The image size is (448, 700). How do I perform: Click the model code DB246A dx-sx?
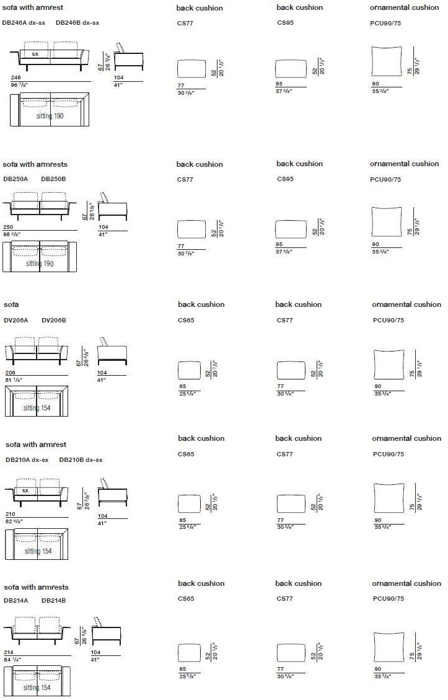coord(24,22)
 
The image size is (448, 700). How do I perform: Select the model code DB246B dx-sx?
coord(77,22)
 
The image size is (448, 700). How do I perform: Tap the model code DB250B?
coord(53,179)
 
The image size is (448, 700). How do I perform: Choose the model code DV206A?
coord(16,320)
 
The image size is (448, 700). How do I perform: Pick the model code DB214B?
coord(53,600)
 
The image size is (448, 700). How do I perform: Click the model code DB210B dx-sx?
coord(81,459)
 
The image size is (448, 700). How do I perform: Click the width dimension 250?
coord(8,228)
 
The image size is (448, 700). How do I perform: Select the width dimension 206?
coord(10,373)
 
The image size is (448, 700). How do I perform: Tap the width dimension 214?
coord(9,652)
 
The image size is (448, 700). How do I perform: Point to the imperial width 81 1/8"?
coord(14,379)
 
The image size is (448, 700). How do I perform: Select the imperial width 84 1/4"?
coord(12,660)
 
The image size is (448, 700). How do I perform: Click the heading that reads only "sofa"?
coord(11,304)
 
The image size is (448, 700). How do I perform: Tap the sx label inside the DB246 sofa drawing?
coord(35,54)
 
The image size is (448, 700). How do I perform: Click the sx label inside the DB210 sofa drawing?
coord(25,490)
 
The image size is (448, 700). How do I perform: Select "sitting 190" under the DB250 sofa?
coord(40,264)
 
